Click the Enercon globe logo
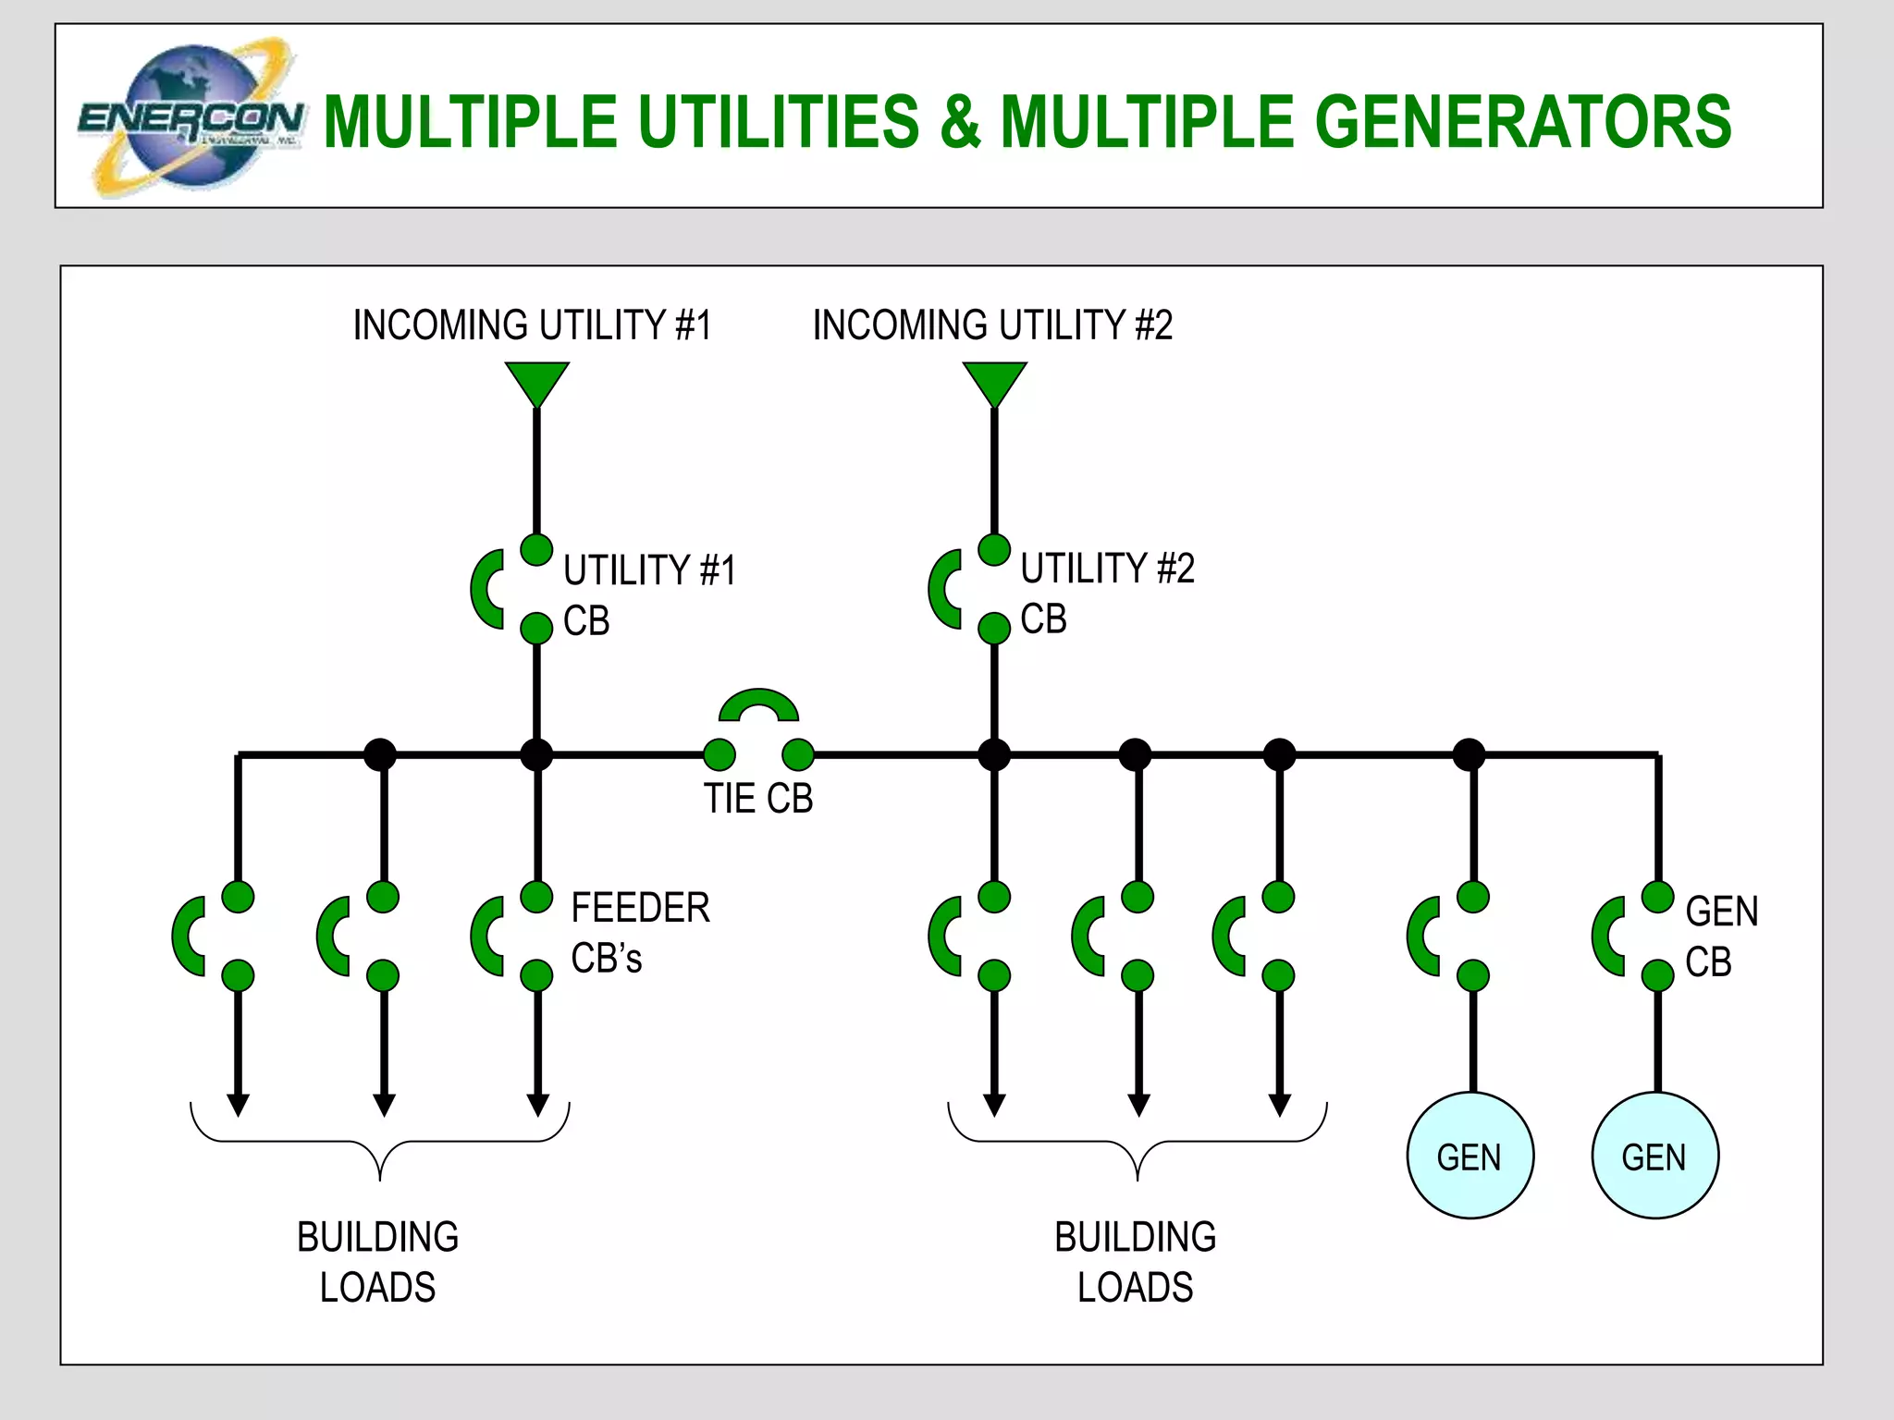click(190, 117)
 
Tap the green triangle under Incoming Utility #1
click(536, 381)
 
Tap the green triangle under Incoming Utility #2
click(994, 381)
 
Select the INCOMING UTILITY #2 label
click(992, 325)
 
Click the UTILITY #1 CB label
click(649, 594)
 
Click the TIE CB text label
click(758, 799)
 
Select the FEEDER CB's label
click(640, 932)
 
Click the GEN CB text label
click(1721, 936)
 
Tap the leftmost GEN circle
click(1470, 1156)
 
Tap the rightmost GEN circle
click(1654, 1156)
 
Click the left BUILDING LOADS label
click(377, 1262)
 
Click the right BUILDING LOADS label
click(1135, 1262)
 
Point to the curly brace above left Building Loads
click(380, 1143)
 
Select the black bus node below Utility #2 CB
click(994, 754)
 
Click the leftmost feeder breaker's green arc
click(183, 936)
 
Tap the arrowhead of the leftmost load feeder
click(239, 1105)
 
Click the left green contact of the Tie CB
click(719, 754)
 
